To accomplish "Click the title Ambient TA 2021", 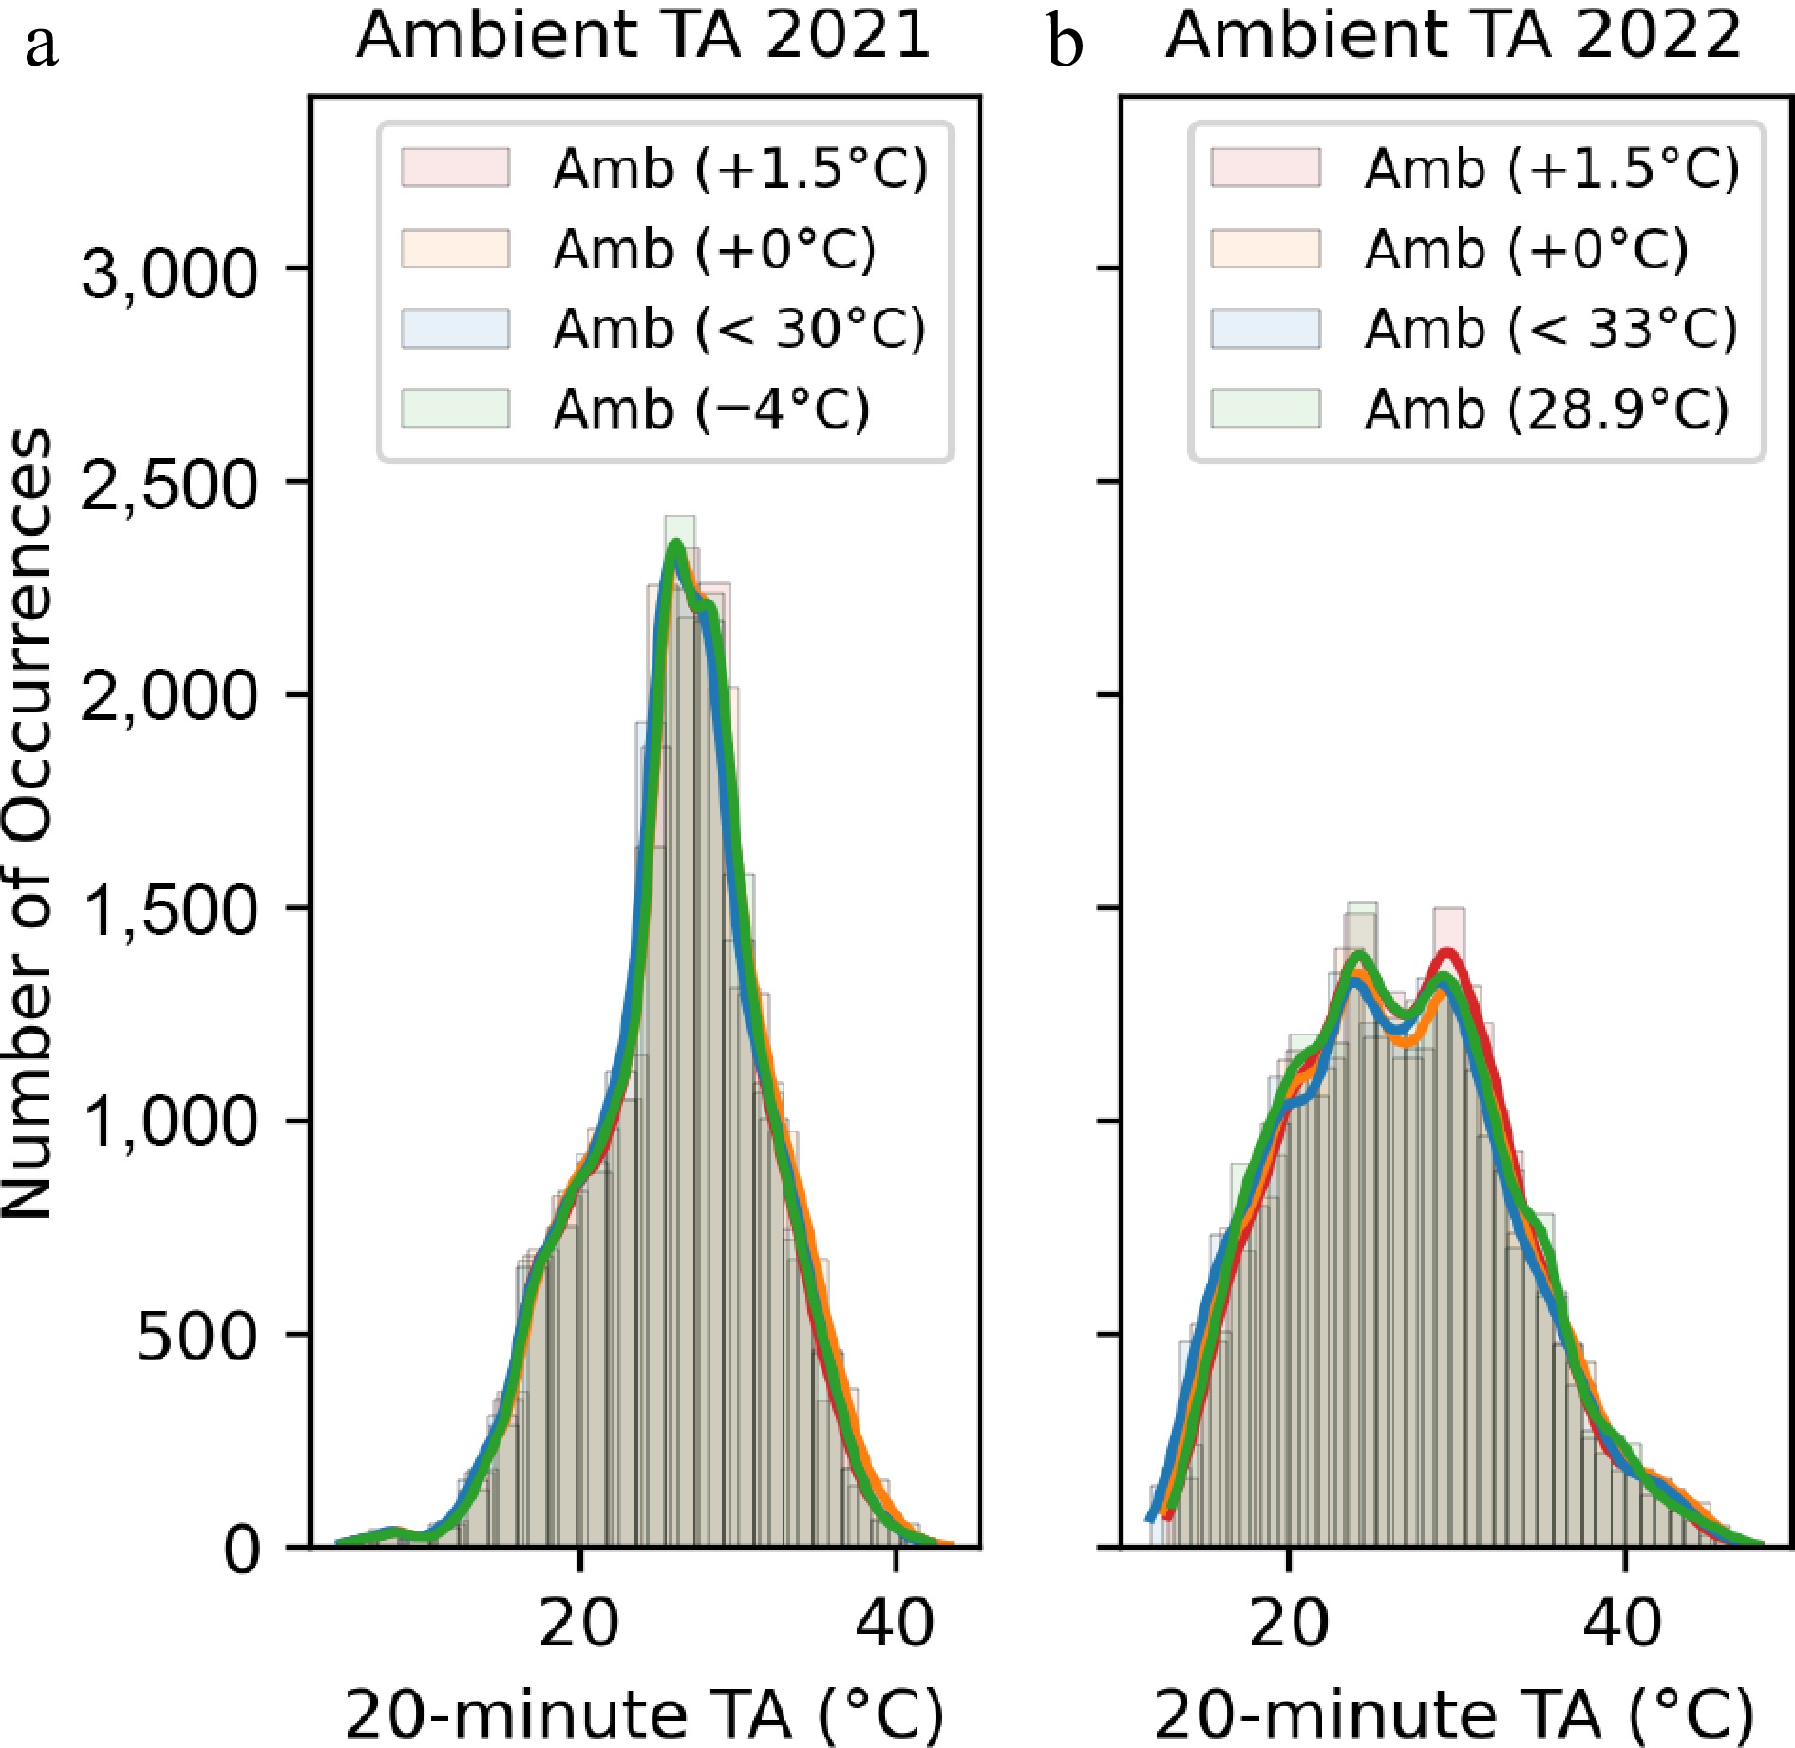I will (643, 36).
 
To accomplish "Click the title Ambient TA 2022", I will (1453, 36).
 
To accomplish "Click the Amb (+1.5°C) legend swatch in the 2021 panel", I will (456, 168).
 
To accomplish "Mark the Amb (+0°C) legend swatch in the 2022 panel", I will (1266, 249).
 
